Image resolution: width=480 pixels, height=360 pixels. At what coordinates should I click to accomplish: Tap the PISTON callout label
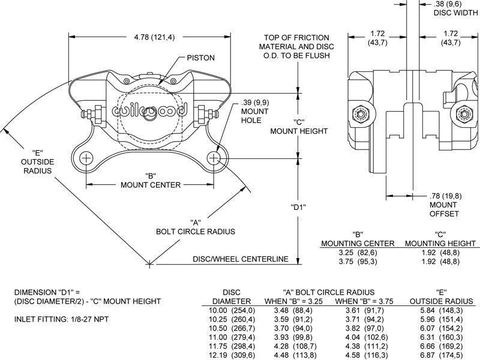click(x=200, y=58)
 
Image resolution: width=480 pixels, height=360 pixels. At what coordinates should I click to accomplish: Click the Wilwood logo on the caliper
click(x=151, y=111)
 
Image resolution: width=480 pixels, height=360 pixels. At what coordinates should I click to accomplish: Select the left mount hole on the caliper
click(x=86, y=158)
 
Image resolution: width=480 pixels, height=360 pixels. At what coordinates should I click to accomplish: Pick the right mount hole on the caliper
click(x=215, y=158)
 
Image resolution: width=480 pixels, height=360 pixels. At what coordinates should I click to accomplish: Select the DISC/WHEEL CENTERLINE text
click(x=241, y=259)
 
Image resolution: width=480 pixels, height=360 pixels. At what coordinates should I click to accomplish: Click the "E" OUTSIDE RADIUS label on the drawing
click(x=37, y=161)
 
